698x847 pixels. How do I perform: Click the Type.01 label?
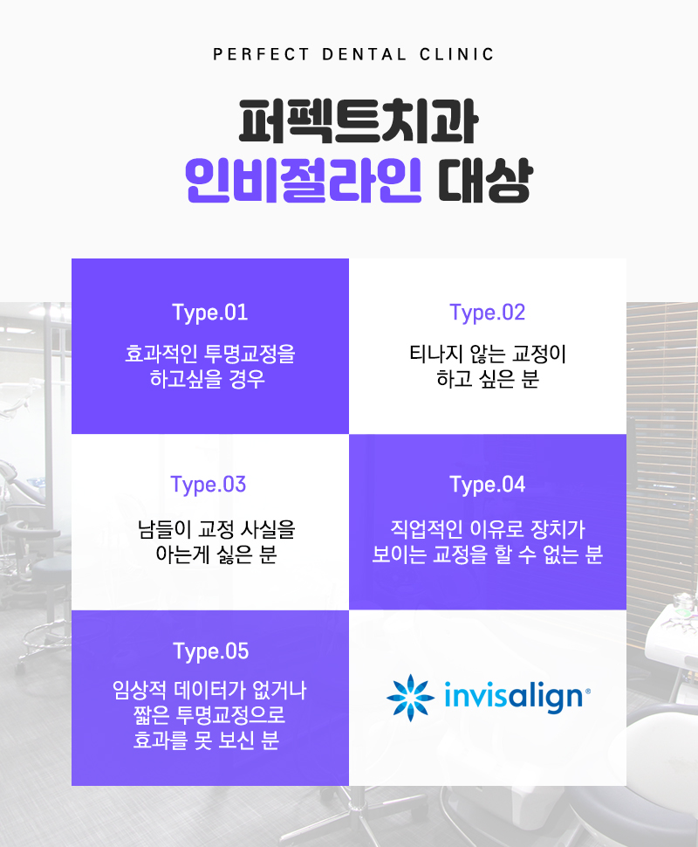[210, 313]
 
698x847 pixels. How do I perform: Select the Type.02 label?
[488, 313]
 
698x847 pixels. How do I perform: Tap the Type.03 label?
[209, 485]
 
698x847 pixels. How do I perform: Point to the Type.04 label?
[488, 485]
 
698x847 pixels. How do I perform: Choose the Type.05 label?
[210, 651]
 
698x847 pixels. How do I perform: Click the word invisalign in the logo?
[515, 698]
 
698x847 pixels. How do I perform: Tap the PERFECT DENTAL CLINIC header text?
[353, 54]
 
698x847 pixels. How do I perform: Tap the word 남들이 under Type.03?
[166, 528]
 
